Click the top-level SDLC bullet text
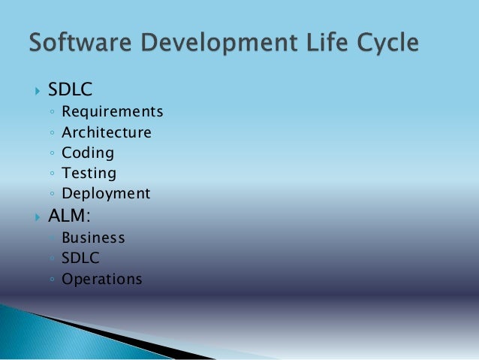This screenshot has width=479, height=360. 70,89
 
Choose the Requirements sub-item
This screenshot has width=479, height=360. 113,113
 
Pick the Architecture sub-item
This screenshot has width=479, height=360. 107,133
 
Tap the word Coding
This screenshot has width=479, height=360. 88,153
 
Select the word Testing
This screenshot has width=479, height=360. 89,174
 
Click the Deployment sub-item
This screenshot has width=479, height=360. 106,194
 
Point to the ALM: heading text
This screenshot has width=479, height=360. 69,218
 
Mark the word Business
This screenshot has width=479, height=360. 93,238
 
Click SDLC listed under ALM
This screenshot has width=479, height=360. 80,259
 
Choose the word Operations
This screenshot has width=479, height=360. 102,280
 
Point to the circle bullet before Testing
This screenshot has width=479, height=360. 50,174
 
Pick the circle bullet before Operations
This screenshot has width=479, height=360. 50,280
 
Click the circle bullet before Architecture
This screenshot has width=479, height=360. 50,134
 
